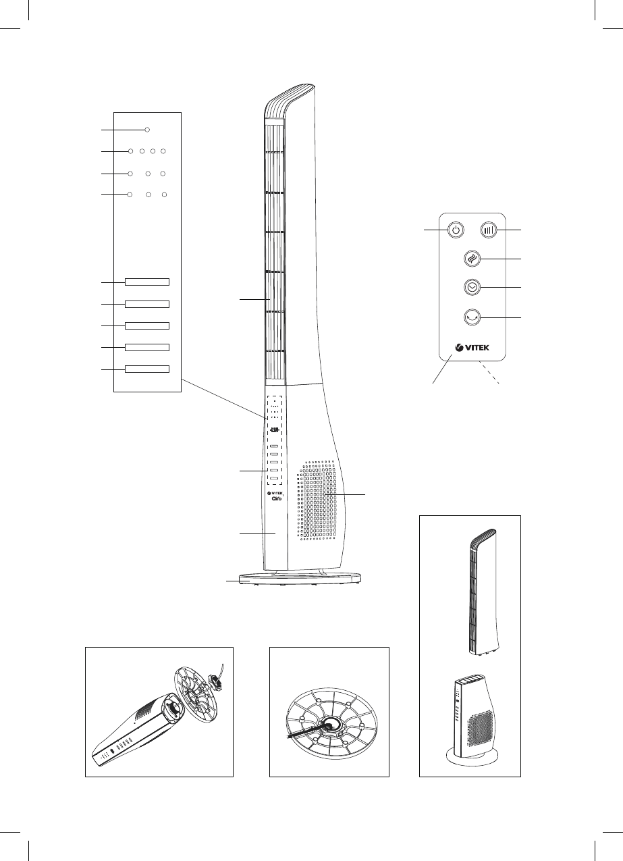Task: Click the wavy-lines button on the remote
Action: click(x=475, y=259)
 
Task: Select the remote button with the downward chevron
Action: click(x=475, y=287)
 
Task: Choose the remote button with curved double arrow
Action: click(x=475, y=316)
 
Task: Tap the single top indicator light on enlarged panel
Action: click(x=146, y=129)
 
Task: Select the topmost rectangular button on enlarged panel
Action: click(x=146, y=282)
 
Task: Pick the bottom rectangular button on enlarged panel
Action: click(x=146, y=369)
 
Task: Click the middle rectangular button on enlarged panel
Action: click(x=146, y=325)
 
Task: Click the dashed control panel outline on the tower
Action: click(x=275, y=439)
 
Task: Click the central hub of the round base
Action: click(x=330, y=724)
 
